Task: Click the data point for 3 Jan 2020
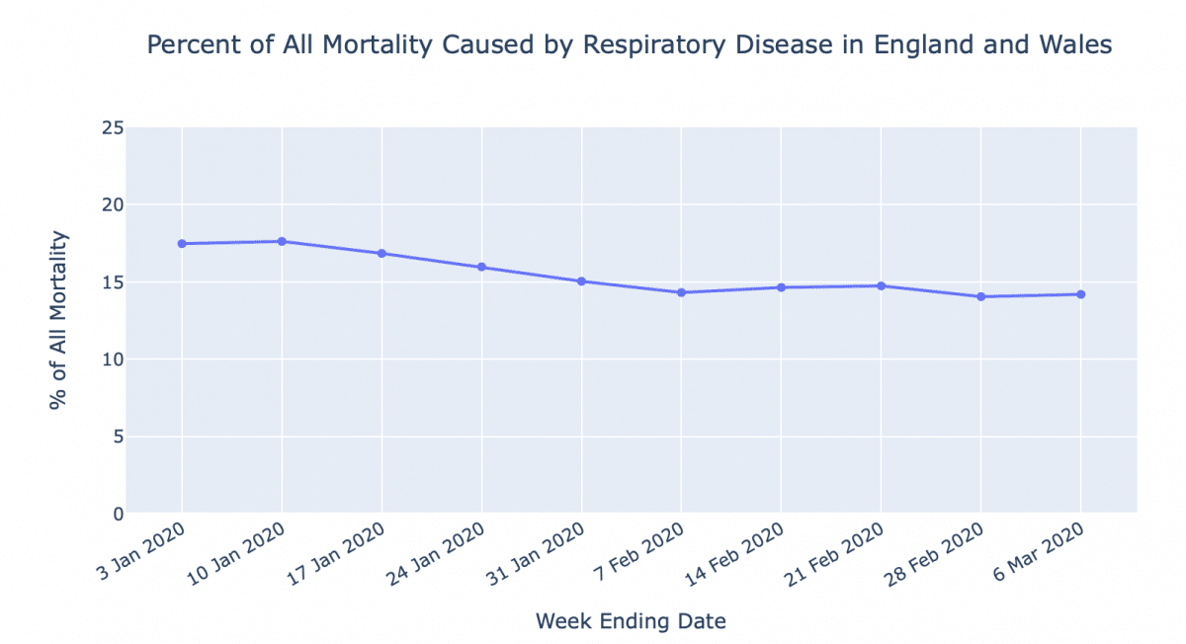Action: click(182, 243)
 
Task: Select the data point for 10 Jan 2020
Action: click(282, 241)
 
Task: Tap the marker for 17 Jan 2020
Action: click(381, 253)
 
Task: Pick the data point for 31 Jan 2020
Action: click(581, 282)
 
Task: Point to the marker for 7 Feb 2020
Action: click(681, 292)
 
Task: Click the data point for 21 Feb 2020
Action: click(881, 285)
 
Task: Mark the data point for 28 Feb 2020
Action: click(980, 296)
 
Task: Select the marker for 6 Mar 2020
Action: click(1080, 294)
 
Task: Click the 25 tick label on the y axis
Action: click(113, 128)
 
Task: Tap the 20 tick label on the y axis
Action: click(113, 205)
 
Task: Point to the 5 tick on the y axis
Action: click(118, 437)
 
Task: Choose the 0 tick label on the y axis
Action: click(118, 514)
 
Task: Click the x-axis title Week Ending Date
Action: click(631, 621)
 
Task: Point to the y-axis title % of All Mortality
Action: click(60, 320)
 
